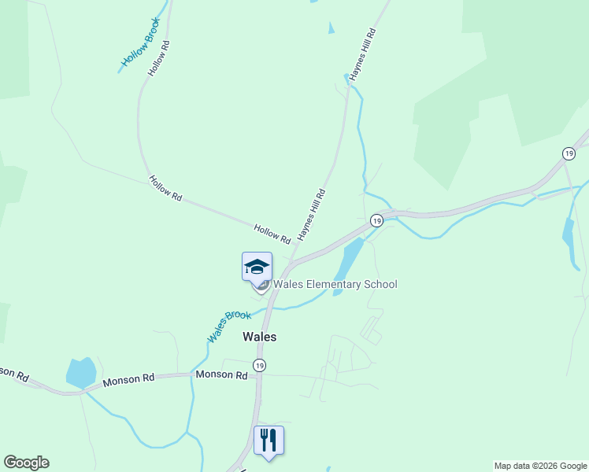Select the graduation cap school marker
coord(257,267)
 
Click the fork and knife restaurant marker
coord(269,441)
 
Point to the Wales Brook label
coord(228,326)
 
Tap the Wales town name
coord(259,336)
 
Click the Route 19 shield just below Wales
coord(259,365)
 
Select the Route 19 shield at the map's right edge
coord(568,153)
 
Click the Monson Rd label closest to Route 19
coord(222,375)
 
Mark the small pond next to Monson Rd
coord(81,372)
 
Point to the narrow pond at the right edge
coord(569,231)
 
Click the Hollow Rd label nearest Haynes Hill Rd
coord(272,233)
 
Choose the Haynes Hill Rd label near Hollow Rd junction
coord(311,215)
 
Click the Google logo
coord(26,463)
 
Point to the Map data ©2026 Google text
coord(540,466)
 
